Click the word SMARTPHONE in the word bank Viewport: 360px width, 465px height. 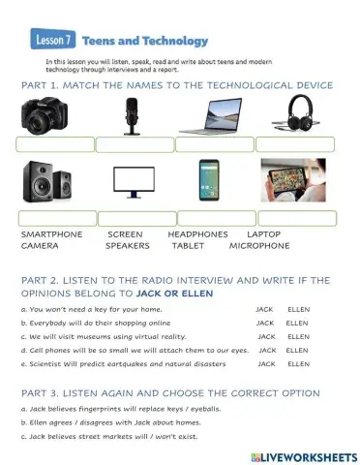tap(51, 234)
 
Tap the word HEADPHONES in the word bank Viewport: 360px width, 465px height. tap(197, 234)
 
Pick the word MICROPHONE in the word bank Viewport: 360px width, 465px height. tap(259, 246)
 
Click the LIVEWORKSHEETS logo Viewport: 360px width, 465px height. tap(303, 453)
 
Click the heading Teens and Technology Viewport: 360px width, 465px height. tap(145, 41)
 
